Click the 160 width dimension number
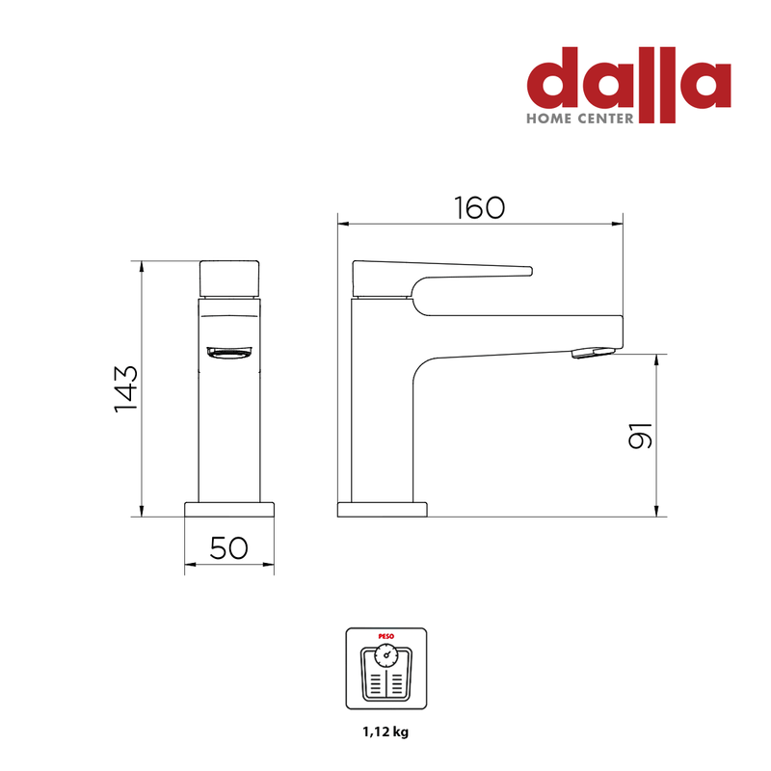tap(479, 207)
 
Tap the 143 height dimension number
tap(126, 389)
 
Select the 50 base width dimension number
tap(229, 547)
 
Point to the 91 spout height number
tap(640, 436)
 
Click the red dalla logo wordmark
tap(629, 84)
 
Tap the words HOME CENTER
tap(580, 119)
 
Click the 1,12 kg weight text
tap(386, 731)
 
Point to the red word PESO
tap(386, 636)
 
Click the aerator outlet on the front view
tap(229, 352)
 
